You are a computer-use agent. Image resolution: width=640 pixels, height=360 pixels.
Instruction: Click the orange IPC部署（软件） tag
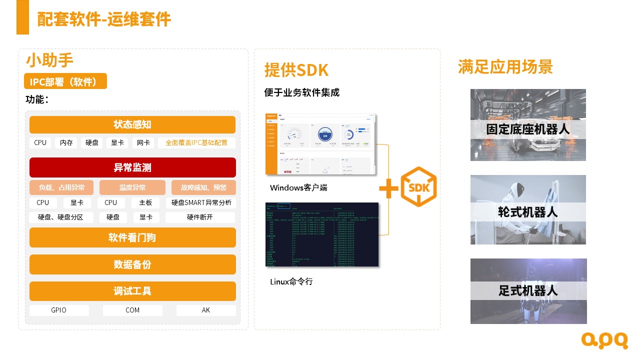(x=65, y=81)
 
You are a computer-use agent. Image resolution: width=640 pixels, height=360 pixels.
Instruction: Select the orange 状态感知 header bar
(x=132, y=124)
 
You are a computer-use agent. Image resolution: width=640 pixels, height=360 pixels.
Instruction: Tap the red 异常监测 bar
(x=132, y=167)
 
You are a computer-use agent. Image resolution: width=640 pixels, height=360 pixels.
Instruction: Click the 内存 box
(x=66, y=143)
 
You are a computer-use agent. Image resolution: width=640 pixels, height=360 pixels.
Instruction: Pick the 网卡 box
(x=143, y=143)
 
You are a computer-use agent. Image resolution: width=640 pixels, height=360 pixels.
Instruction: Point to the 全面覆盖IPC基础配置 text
(x=196, y=143)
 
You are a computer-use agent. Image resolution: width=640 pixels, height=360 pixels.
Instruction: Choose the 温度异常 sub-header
(x=132, y=188)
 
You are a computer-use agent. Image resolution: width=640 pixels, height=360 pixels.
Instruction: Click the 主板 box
(x=145, y=203)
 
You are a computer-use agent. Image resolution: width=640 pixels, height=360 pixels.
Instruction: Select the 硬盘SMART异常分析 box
(x=201, y=203)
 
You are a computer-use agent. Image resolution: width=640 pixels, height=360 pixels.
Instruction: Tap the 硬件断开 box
(x=200, y=217)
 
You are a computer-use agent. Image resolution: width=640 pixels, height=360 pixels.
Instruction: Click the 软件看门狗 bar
(x=132, y=237)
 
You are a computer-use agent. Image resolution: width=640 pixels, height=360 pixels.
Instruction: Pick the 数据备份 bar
(x=132, y=264)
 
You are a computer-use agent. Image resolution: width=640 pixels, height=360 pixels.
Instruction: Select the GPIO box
(x=59, y=310)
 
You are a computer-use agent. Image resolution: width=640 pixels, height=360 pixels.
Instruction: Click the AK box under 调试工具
(x=206, y=310)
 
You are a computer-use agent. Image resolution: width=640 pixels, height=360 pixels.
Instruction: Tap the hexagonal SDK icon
(x=419, y=187)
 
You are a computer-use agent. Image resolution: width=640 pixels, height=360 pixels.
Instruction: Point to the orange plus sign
(x=388, y=188)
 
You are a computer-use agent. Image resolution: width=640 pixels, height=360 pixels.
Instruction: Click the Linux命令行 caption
(x=291, y=282)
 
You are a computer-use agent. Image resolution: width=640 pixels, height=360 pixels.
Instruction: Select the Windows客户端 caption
(x=298, y=188)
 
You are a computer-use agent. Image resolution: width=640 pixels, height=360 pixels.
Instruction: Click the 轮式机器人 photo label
(x=528, y=212)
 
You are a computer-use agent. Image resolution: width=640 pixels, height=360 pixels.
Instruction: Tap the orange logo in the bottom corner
(x=604, y=340)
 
